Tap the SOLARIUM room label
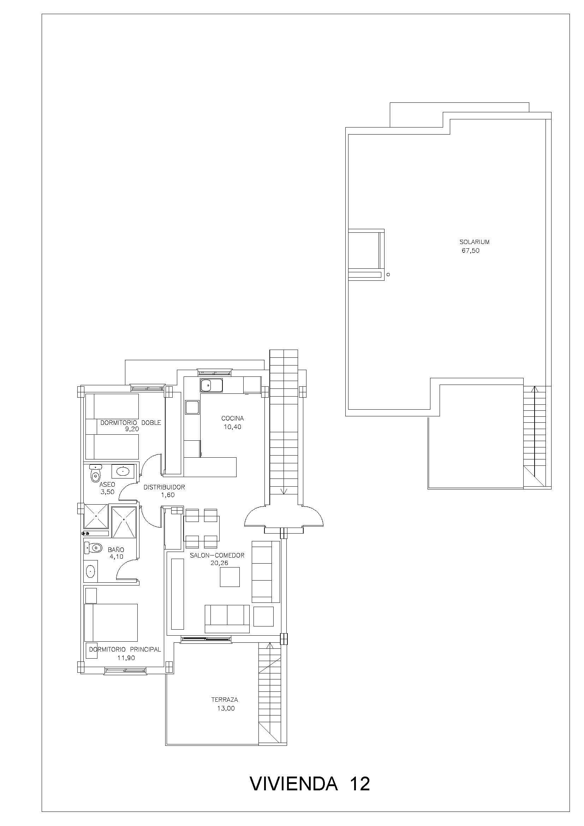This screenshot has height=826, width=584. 474,242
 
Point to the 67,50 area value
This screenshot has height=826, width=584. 470,251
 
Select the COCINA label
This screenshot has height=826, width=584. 232,418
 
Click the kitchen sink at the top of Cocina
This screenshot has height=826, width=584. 211,385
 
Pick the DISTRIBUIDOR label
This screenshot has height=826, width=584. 164,487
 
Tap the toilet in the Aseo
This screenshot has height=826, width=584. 95,474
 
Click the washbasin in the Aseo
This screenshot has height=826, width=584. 123,471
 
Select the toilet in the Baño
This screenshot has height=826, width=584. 93,548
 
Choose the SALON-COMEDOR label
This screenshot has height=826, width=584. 217,555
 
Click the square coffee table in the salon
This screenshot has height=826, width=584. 230,577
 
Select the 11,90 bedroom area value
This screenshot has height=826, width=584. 126,658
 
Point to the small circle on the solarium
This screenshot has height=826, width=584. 388,275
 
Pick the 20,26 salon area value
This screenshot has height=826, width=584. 219,563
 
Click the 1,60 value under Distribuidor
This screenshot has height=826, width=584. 168,495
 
